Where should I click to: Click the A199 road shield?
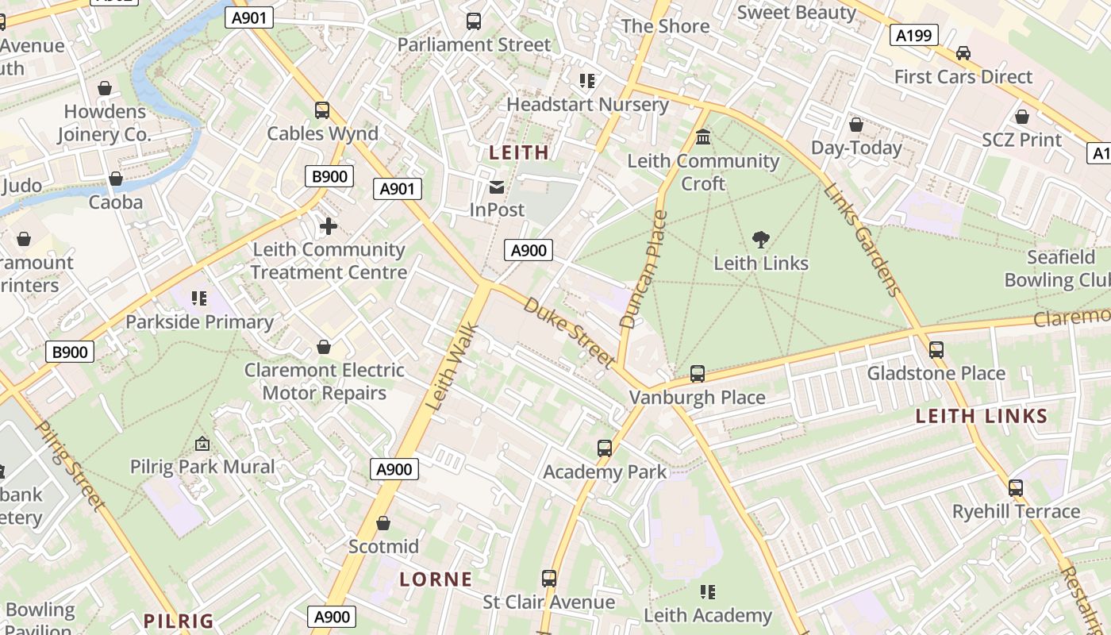(x=913, y=35)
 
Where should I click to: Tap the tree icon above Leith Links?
(x=760, y=239)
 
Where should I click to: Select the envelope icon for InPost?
(x=497, y=187)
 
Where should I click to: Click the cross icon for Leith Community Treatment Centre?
(x=328, y=227)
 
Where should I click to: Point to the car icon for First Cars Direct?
(x=963, y=53)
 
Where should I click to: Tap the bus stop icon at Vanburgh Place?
(x=697, y=373)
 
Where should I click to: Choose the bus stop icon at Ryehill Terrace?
(x=1015, y=488)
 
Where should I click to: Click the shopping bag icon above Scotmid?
(x=383, y=523)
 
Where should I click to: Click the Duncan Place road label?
(x=639, y=270)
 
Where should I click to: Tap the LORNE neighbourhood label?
(x=436, y=579)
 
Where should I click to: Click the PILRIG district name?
(x=179, y=621)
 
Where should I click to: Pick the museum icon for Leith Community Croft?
(x=703, y=137)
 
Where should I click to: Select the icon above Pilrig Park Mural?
(x=202, y=444)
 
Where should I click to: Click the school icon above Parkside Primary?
(x=199, y=298)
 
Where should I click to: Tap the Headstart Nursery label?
(x=587, y=105)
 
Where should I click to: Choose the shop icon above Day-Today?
(x=855, y=125)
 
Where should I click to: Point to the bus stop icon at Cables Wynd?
(x=321, y=110)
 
